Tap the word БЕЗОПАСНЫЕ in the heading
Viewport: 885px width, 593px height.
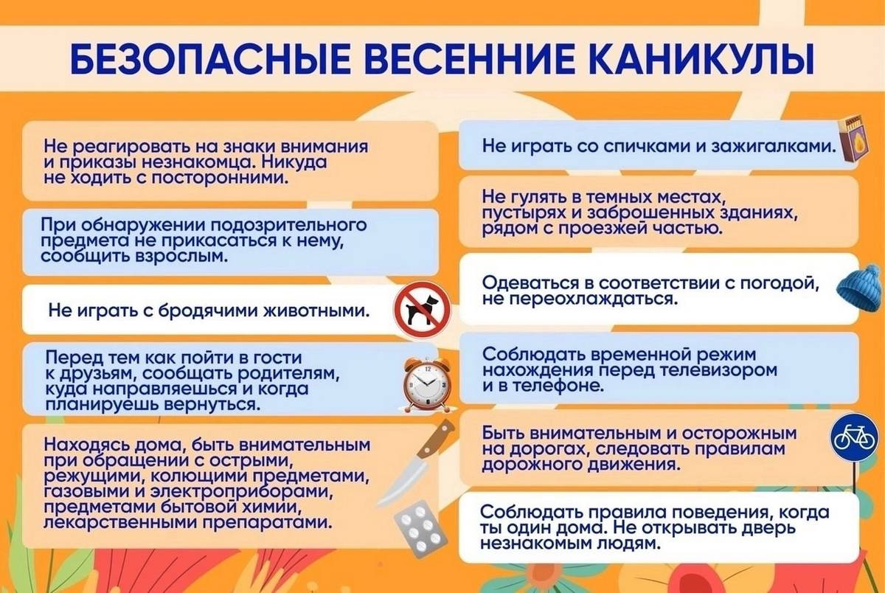[x=209, y=60]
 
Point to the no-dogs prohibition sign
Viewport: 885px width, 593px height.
[x=423, y=310]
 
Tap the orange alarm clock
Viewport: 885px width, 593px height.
[x=426, y=384]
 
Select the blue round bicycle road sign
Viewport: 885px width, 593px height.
[x=853, y=437]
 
